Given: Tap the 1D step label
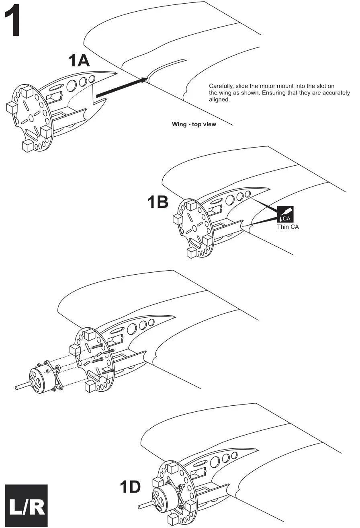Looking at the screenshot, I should click(130, 487).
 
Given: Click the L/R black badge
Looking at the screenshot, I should click(26, 505).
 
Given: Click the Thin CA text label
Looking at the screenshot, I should click(288, 227).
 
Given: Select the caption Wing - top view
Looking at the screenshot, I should click(194, 124).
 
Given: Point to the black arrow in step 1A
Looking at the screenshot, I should click(121, 87).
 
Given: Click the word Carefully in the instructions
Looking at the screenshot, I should click(220, 86).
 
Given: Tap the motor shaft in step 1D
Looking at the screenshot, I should click(144, 503).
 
